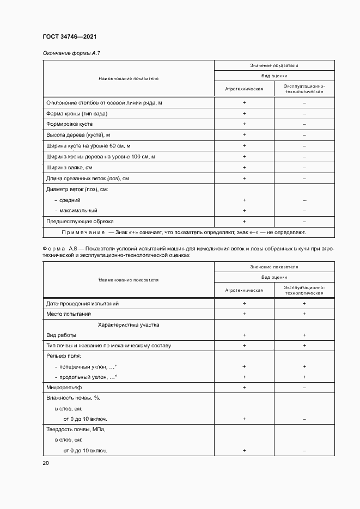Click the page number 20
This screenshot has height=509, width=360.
coord(45,463)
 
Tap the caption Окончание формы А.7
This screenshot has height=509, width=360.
coord(72,53)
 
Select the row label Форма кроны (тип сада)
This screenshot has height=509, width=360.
coord(77,113)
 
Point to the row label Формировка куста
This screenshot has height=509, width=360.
coord(70,124)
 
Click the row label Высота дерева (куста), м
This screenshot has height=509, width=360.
coord(78,134)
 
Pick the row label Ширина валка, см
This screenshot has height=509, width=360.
coord(69,167)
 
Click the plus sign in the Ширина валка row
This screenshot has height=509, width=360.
coord(244,167)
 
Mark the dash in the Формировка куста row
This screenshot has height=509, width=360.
coord(304,124)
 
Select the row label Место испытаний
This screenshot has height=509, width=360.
coord(69,314)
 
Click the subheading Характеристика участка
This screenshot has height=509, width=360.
coord(128,324)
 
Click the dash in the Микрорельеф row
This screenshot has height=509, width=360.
coord(304,387)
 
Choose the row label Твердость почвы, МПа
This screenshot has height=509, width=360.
coord(76,430)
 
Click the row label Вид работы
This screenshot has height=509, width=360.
coord(62,335)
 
